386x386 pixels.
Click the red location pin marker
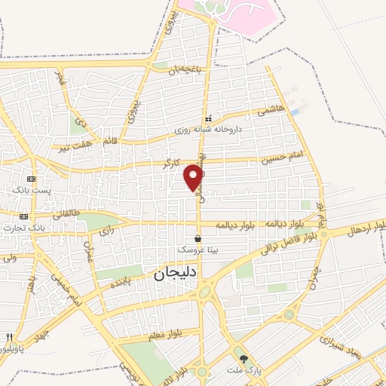point(194,177)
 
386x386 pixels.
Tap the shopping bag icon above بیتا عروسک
point(198,238)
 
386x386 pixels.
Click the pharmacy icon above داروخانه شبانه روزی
point(208,119)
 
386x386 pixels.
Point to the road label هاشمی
point(271,110)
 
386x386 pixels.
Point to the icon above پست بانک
point(31,179)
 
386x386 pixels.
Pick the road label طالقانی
point(66,213)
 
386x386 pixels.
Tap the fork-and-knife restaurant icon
point(9,338)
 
